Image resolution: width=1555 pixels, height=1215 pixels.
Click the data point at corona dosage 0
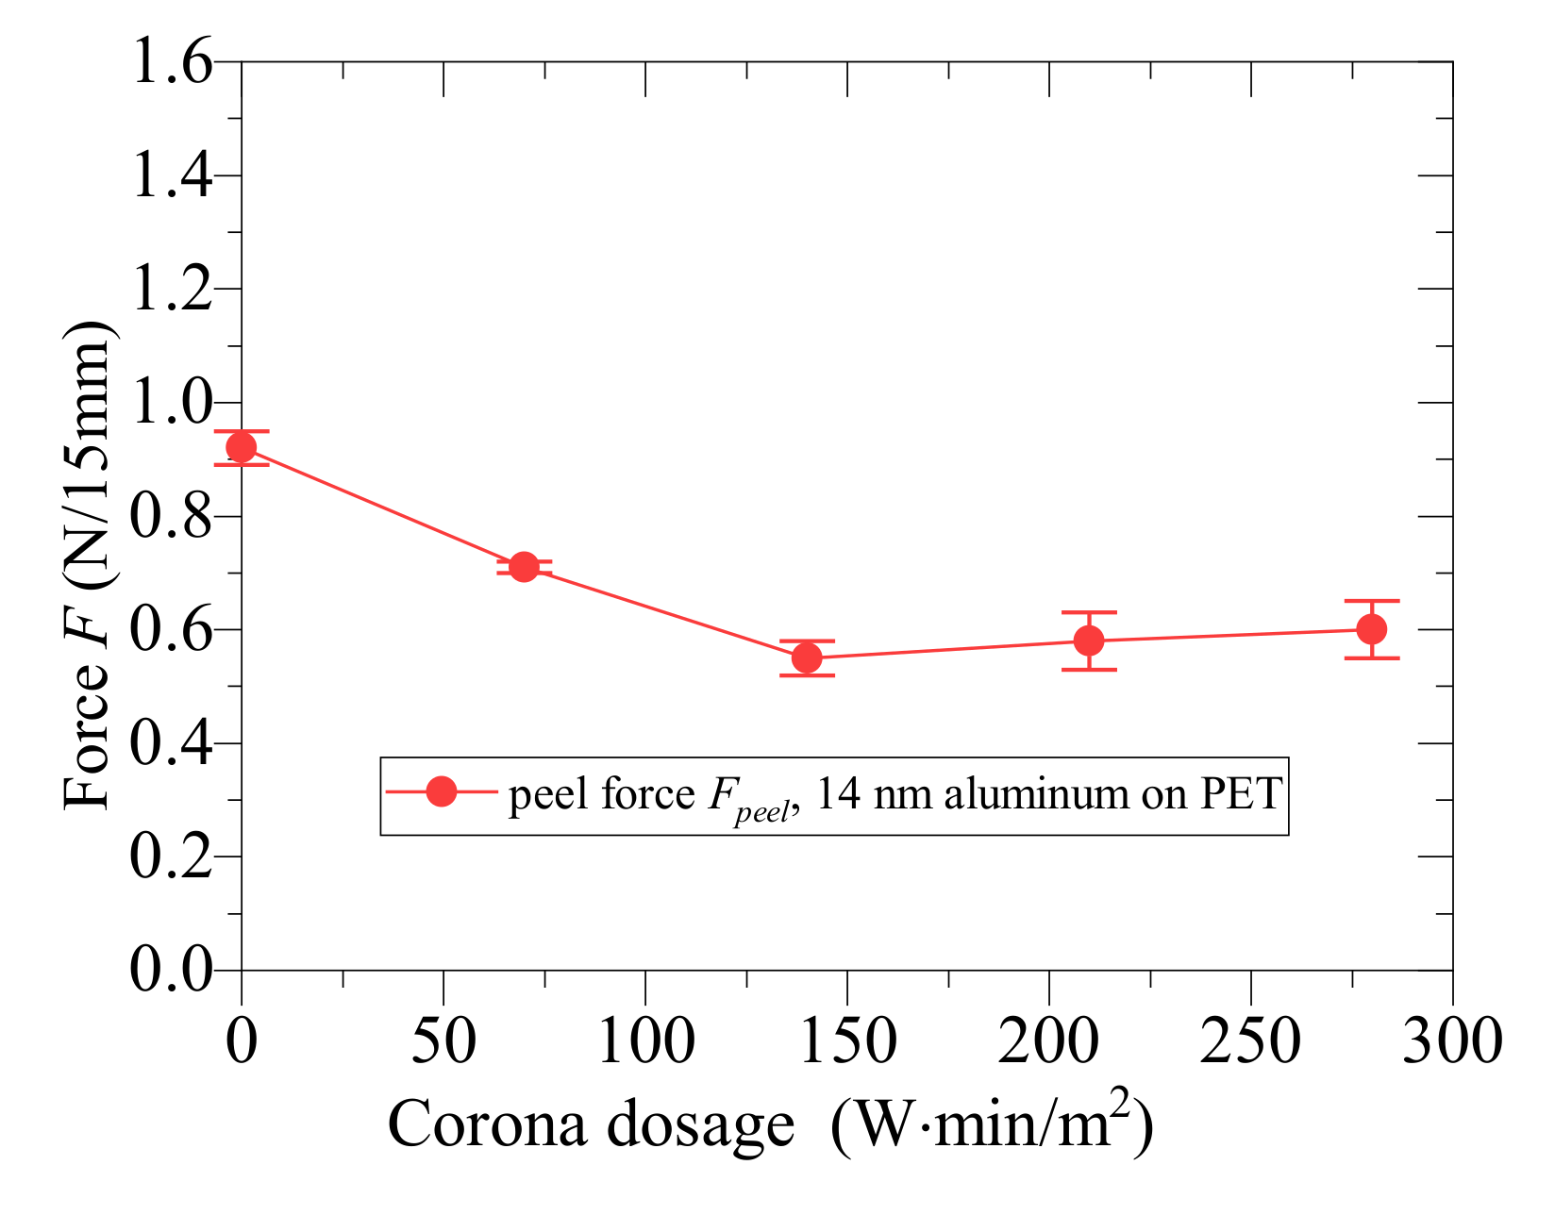coord(242,447)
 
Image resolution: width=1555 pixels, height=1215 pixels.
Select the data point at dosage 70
coord(524,567)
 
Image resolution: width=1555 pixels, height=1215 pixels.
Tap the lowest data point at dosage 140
coord(807,657)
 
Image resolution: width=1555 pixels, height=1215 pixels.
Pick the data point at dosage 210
coord(1089,641)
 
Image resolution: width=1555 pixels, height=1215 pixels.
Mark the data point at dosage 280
coord(1371,629)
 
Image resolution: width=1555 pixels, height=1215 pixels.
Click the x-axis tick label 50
coord(443,1041)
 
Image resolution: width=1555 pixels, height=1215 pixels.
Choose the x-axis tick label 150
coord(846,1041)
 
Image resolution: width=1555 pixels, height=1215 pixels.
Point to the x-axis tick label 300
coord(1451,1041)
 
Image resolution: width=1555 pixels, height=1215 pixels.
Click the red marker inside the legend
coord(441,792)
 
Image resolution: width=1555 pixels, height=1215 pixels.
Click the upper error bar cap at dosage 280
coord(1371,601)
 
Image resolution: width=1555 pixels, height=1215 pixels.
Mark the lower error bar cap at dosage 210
coord(1089,670)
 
